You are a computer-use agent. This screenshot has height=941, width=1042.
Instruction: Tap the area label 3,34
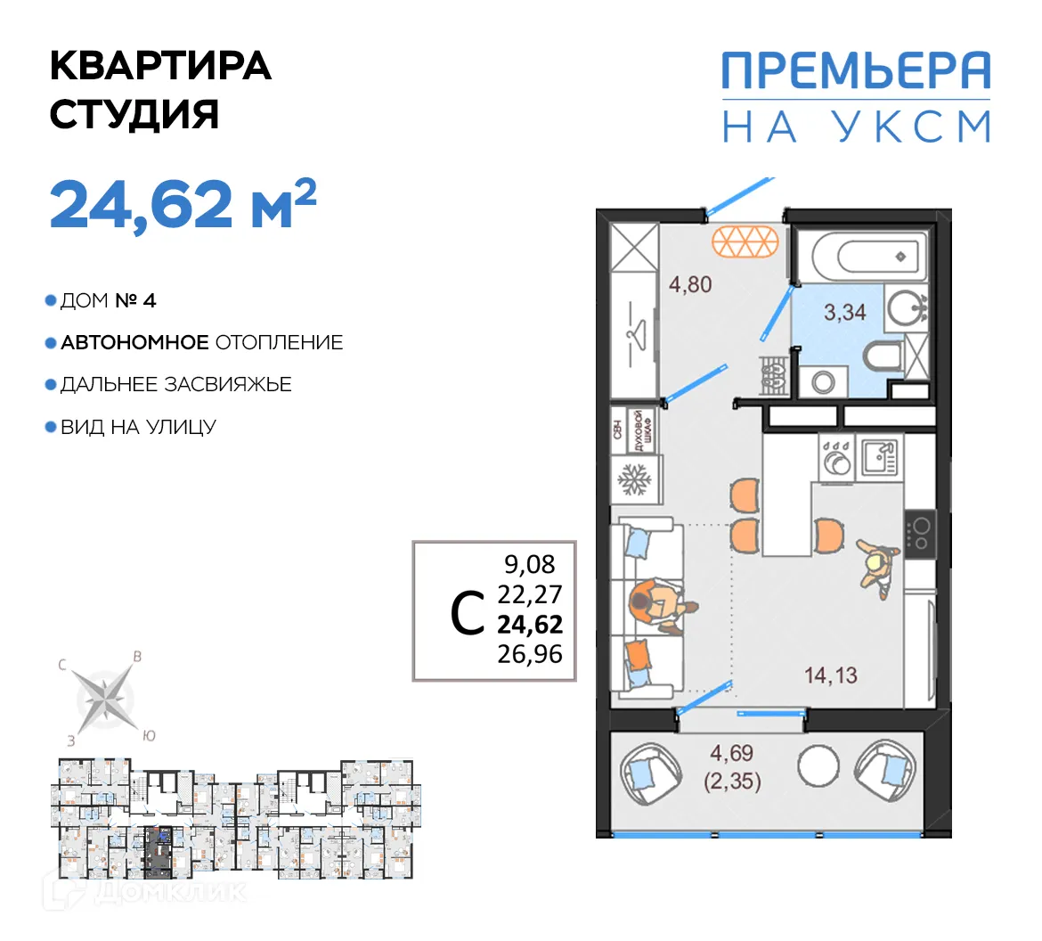844,312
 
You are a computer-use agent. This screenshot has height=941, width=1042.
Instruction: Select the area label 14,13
830,675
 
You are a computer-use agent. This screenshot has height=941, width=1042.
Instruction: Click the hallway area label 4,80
690,285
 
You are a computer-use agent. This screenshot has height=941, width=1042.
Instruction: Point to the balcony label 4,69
731,753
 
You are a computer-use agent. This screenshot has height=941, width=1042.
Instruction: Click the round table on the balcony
818,765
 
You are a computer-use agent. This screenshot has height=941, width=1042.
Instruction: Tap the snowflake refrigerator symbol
635,482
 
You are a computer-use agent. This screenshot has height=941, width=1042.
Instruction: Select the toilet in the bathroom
883,358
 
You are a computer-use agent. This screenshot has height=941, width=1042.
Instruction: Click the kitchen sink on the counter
879,459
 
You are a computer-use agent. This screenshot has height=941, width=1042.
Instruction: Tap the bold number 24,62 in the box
530,624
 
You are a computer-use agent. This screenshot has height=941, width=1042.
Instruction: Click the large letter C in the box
468,614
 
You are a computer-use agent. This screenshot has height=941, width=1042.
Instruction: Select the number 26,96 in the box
530,654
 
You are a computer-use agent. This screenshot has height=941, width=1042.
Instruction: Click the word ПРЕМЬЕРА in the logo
855,71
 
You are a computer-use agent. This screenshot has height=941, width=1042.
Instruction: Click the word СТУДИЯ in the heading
134,115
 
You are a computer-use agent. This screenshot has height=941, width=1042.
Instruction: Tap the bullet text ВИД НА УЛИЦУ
138,427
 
